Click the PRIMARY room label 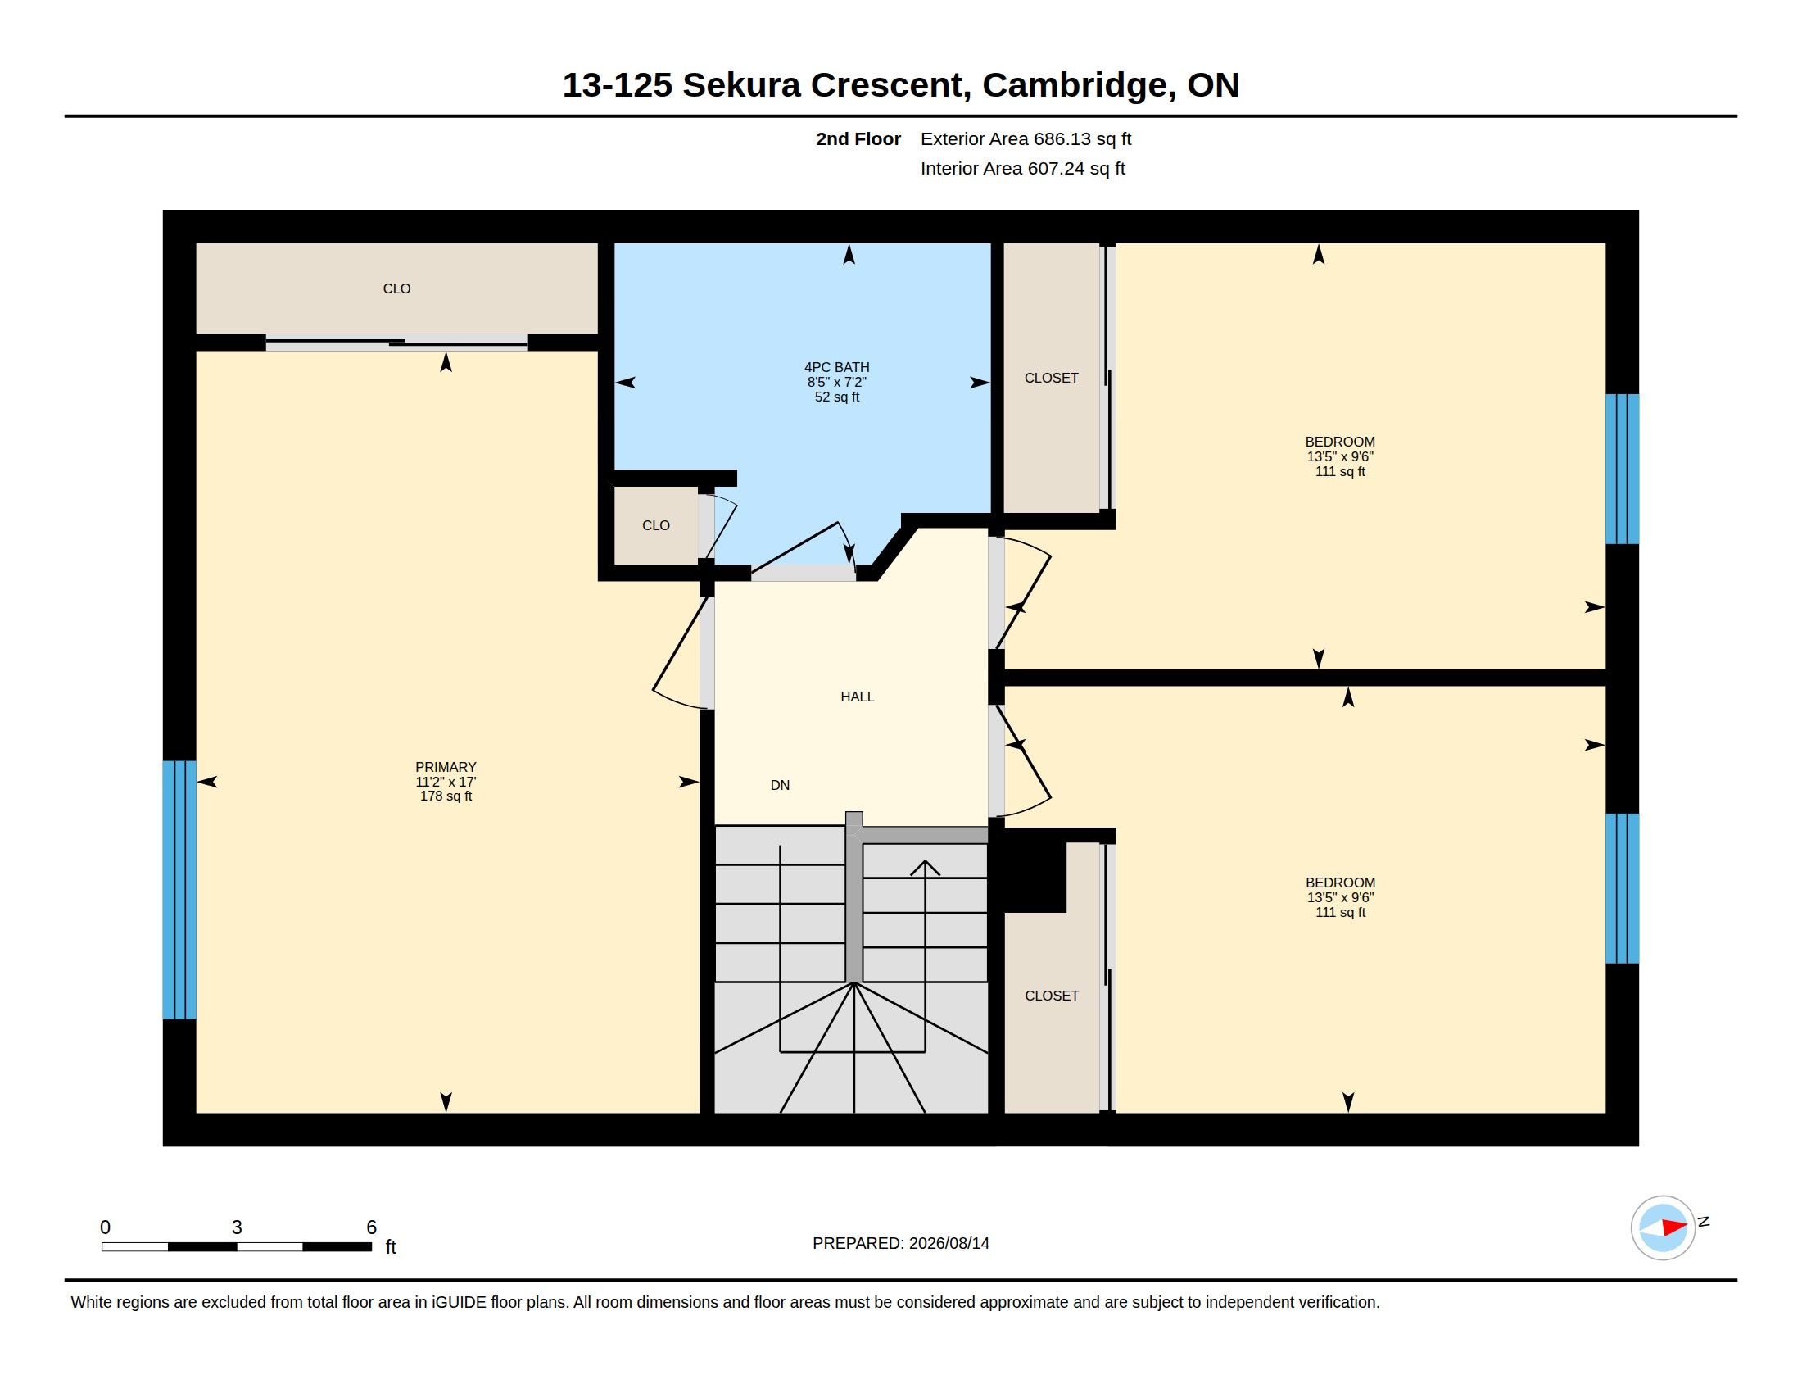[446, 767]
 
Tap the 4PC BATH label [836, 367]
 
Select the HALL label [858, 696]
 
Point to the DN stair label [780, 785]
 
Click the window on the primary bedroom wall [179, 890]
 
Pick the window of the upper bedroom [1622, 469]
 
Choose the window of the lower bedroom [1622, 888]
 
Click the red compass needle [1674, 1227]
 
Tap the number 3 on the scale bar [237, 1227]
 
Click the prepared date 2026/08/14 [949, 1243]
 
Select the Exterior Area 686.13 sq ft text [1026, 138]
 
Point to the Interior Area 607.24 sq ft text [1022, 168]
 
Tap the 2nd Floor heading [858, 138]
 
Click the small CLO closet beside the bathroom [656, 526]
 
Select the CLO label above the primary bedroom [397, 288]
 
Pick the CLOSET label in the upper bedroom [1051, 378]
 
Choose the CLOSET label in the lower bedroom [1051, 996]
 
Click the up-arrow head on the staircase [925, 867]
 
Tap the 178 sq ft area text [446, 796]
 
